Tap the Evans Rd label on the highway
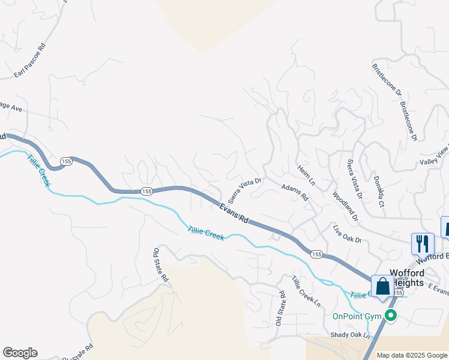234,213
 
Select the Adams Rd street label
295,193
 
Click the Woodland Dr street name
345,206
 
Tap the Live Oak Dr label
348,235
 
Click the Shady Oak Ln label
351,335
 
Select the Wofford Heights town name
407,278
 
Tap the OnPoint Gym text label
358,316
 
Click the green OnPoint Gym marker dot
391,316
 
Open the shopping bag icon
383,286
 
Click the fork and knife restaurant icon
423,243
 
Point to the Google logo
20,353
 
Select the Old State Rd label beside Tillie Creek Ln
280,308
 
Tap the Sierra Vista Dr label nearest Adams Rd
244,188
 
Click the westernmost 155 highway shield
66,162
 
